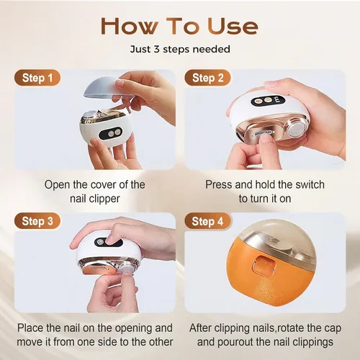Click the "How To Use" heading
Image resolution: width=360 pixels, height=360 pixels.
pos(180,26)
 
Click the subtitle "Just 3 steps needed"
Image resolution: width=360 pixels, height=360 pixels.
pos(180,49)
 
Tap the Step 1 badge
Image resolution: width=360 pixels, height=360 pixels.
pos(37,78)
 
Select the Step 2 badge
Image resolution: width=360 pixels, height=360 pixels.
pos(207,78)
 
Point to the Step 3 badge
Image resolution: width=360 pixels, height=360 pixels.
pos(37,221)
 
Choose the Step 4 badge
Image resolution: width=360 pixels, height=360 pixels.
pos(207,221)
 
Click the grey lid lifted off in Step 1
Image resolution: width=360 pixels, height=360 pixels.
pos(108,89)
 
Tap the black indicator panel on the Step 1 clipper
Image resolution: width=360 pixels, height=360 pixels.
pos(111,133)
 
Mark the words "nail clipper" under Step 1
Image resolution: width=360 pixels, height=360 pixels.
pos(95,199)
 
